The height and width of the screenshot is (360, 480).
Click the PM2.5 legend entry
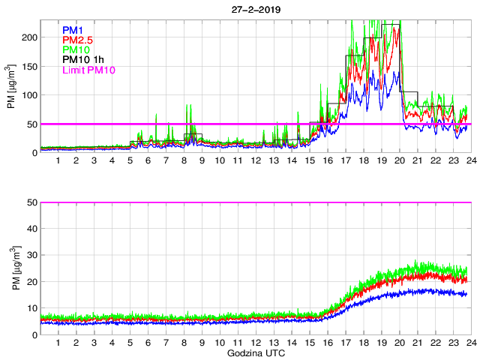79,40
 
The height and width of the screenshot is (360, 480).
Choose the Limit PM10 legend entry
88,70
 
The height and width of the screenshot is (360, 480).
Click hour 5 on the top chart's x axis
130,160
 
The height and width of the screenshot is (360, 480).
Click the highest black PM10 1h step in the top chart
390,25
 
